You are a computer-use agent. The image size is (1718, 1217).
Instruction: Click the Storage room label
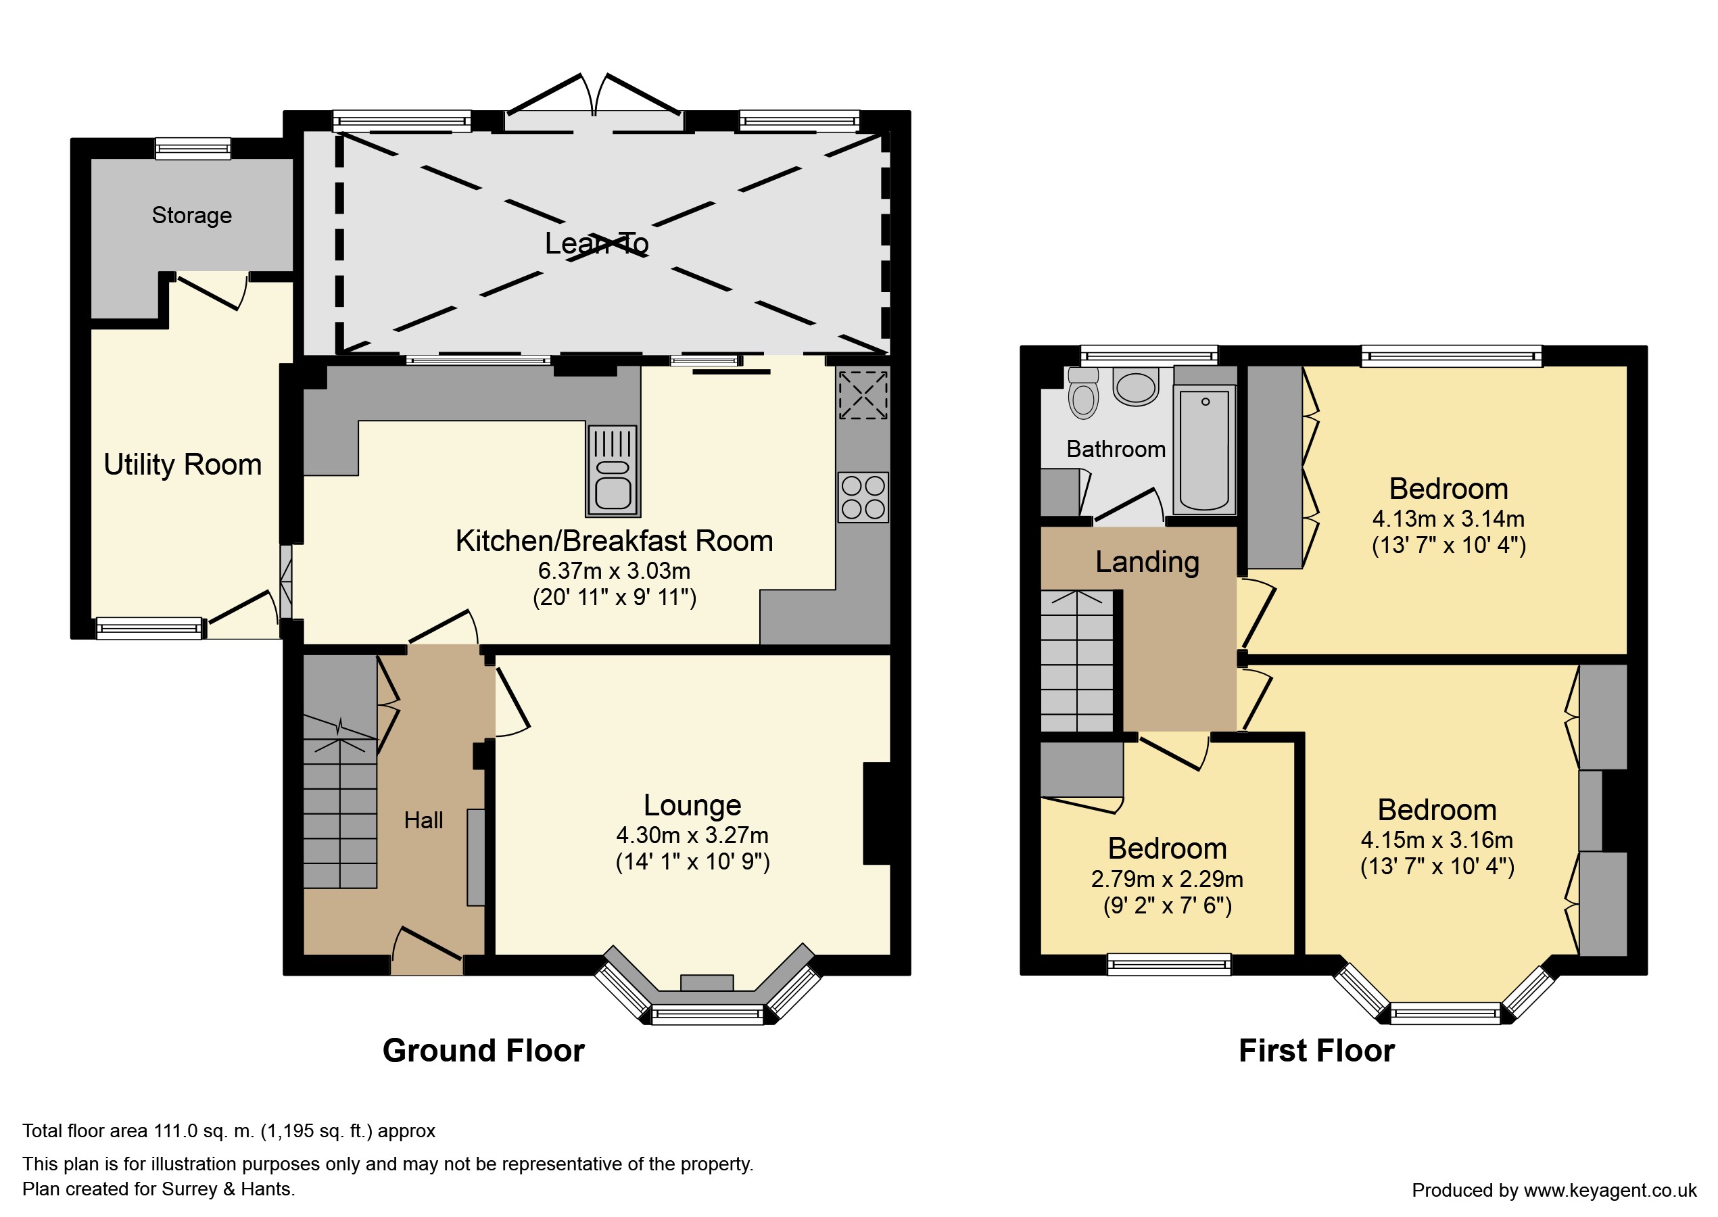click(192, 216)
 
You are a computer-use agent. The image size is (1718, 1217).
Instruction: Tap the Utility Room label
click(183, 464)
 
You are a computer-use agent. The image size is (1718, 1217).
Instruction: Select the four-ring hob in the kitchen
click(863, 497)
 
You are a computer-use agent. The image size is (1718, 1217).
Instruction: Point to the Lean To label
click(596, 243)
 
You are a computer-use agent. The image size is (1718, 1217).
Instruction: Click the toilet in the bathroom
click(1082, 392)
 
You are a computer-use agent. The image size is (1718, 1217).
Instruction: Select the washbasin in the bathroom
click(1136, 386)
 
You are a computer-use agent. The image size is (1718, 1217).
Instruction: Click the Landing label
click(1147, 562)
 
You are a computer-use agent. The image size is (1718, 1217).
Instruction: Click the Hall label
click(423, 821)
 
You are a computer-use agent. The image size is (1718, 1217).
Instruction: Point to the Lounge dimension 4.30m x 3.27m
click(692, 835)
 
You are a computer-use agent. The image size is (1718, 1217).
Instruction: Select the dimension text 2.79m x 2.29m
click(1168, 878)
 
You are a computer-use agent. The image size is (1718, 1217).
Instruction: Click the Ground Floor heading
click(483, 1051)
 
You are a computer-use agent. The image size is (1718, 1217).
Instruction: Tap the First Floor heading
click(1316, 1051)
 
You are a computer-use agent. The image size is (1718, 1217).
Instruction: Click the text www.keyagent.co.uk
click(1610, 1190)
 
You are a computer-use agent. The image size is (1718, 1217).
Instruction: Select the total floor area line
click(229, 1131)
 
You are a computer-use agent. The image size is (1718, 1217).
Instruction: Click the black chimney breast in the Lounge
click(877, 813)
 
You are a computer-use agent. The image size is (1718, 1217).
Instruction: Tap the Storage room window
click(193, 148)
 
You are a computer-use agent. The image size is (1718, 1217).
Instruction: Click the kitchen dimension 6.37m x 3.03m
click(615, 571)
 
